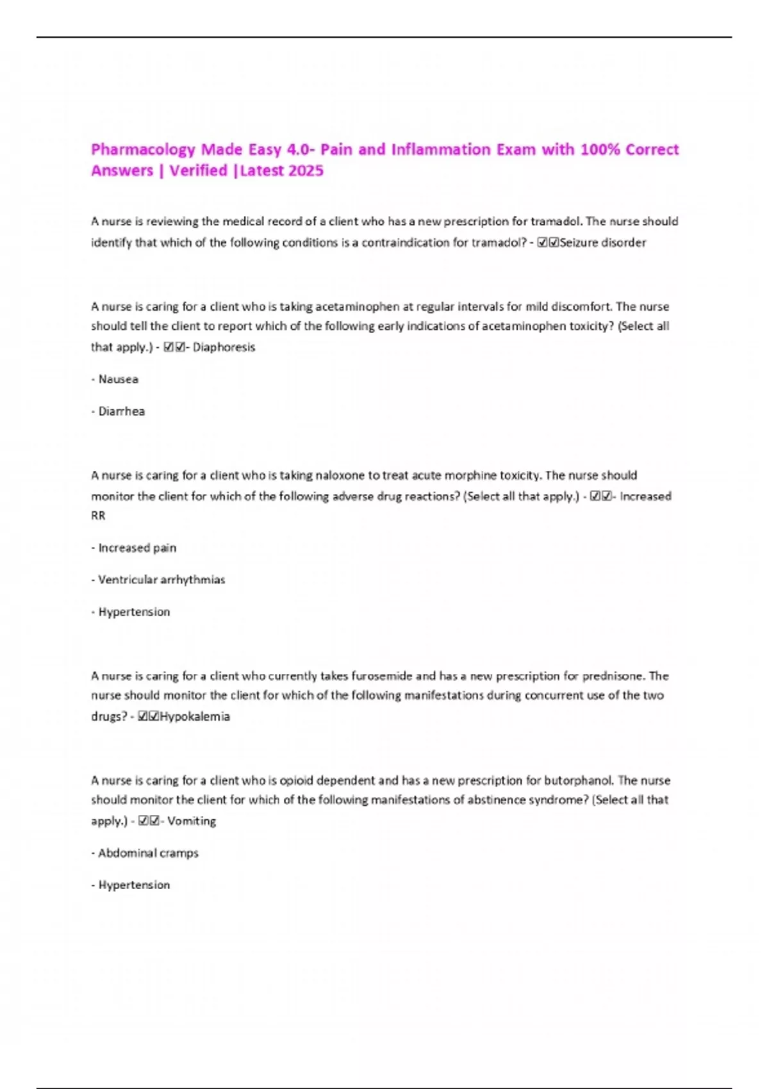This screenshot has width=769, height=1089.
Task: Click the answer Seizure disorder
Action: tap(602, 243)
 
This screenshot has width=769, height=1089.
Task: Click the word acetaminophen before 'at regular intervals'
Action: tap(357, 307)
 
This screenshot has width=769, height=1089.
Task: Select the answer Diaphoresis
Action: tap(224, 347)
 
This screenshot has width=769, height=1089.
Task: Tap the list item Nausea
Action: tap(118, 379)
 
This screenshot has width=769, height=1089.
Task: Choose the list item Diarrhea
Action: tap(121, 411)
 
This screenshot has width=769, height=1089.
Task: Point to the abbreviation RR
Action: tap(98, 516)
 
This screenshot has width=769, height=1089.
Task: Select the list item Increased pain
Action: tap(136, 548)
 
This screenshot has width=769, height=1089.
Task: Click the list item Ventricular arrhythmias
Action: tap(161, 580)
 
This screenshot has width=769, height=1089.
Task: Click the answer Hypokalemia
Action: tap(194, 716)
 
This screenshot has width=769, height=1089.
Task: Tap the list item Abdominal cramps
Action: tap(148, 853)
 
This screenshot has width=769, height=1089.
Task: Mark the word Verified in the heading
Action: tap(198, 171)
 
